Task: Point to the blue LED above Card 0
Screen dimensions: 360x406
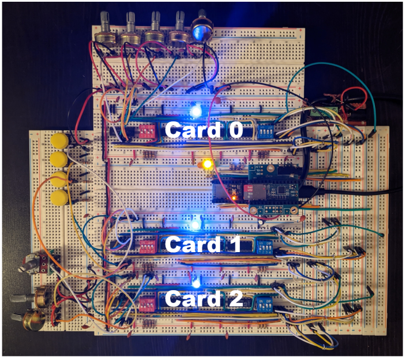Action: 195,109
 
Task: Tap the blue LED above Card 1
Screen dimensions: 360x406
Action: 194,223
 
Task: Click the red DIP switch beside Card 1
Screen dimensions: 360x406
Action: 146,246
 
